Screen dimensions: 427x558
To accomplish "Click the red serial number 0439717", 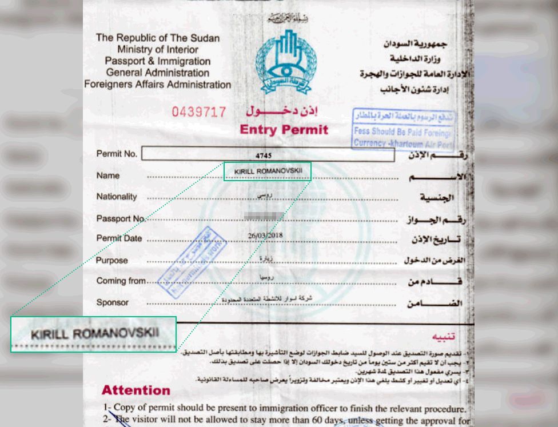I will click(x=200, y=112).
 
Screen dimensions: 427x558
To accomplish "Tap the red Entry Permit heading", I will click(x=284, y=130).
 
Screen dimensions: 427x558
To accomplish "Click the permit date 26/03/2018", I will click(x=265, y=235).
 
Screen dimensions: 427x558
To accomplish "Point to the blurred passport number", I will click(x=264, y=216).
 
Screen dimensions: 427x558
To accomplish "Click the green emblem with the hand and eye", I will click(x=285, y=62).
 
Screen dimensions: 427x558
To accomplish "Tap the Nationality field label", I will click(x=117, y=197).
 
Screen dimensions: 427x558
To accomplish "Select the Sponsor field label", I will click(x=112, y=302).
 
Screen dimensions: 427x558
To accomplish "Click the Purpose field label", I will click(x=112, y=260).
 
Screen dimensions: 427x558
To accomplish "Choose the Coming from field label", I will click(x=121, y=281).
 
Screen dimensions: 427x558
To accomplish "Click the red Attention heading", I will click(x=136, y=390).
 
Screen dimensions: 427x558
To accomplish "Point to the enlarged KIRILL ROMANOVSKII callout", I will click(x=94, y=334).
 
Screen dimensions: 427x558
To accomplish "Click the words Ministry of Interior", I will click(x=158, y=50).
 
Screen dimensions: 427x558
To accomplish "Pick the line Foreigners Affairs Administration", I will click(x=157, y=85).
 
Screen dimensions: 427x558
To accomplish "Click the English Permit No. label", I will click(x=117, y=154).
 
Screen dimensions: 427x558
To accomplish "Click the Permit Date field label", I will click(x=119, y=238).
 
